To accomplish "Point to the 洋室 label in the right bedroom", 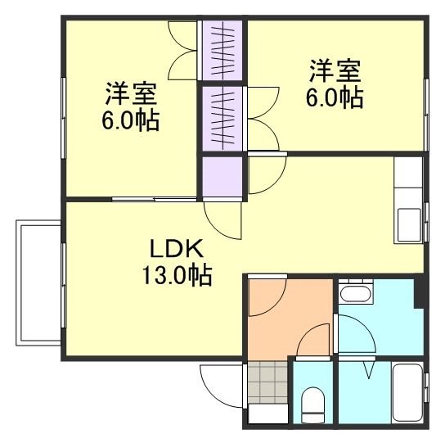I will click(334, 69).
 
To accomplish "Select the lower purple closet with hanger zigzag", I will click(223, 117).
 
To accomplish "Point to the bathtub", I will click(406, 393).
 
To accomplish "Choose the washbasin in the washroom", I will click(355, 292).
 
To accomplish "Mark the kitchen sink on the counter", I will click(407, 220).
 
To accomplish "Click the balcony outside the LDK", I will click(38, 282).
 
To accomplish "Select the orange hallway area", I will click(286, 315).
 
